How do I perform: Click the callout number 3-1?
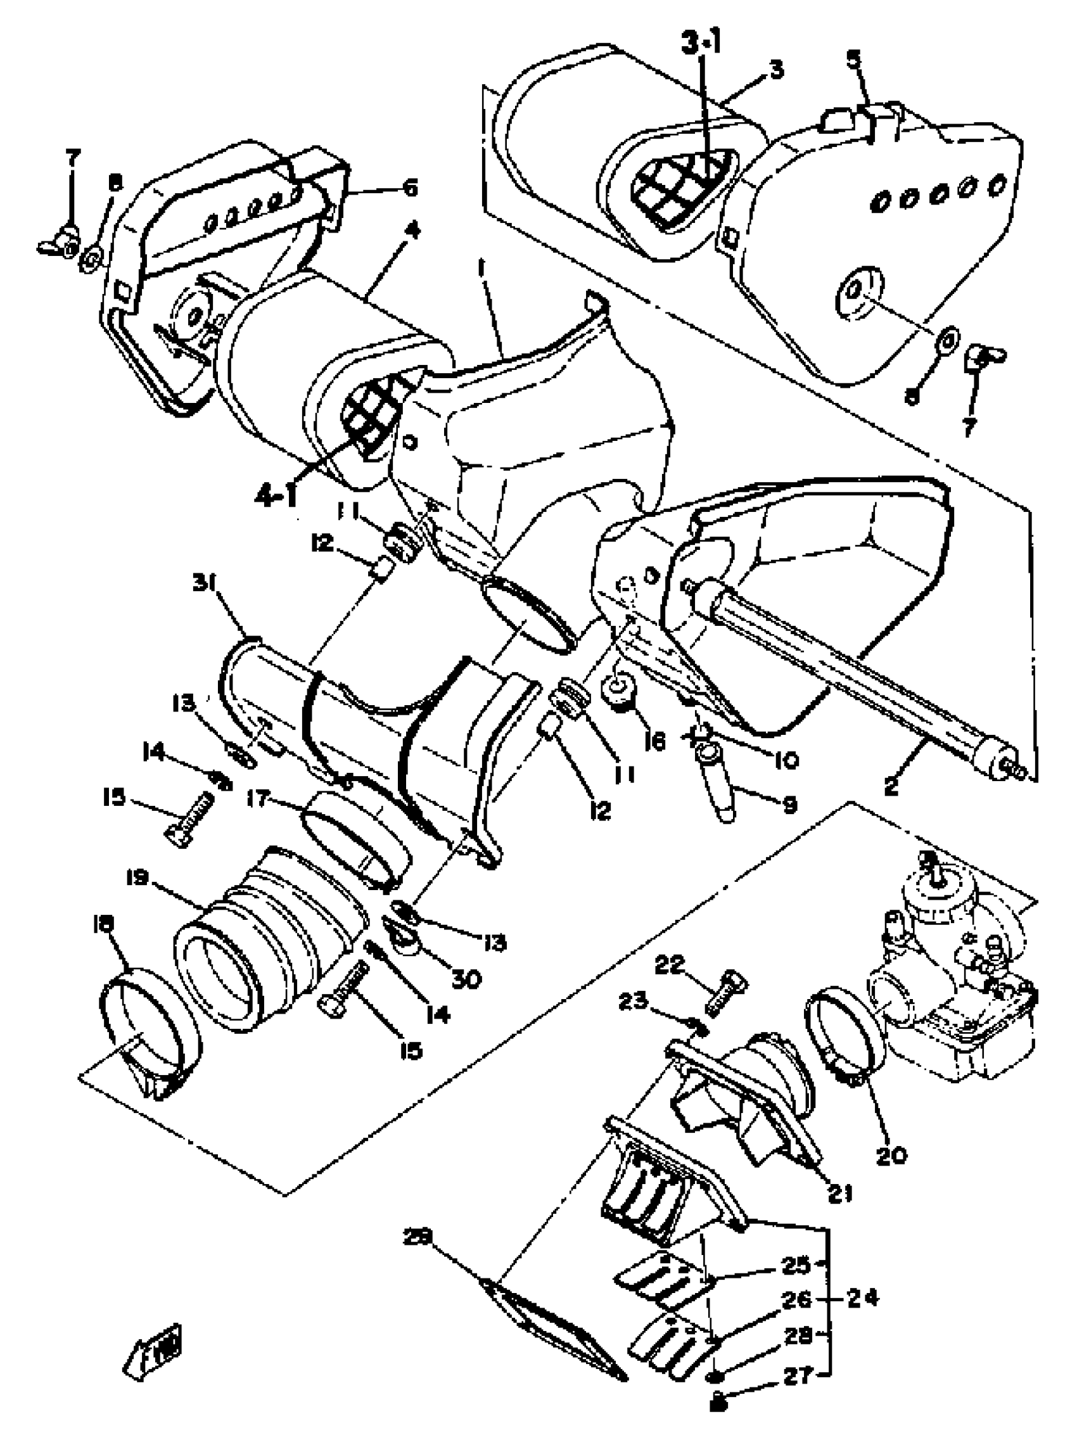point(701,44)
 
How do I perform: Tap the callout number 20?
point(891,1156)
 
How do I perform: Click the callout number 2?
point(890,786)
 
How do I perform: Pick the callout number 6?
point(409,189)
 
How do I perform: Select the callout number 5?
point(853,60)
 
